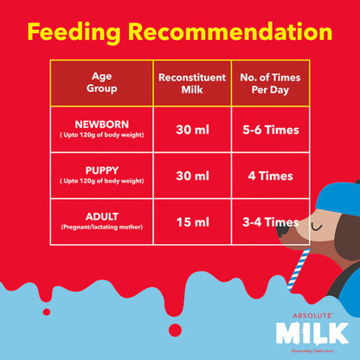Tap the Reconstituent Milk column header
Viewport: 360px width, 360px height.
point(191,82)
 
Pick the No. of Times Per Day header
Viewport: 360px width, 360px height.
point(270,82)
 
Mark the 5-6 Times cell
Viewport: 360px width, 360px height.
point(269,131)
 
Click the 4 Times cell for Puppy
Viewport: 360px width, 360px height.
point(269,177)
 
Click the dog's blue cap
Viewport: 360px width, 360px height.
point(332,195)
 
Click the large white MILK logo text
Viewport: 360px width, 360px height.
point(312,332)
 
